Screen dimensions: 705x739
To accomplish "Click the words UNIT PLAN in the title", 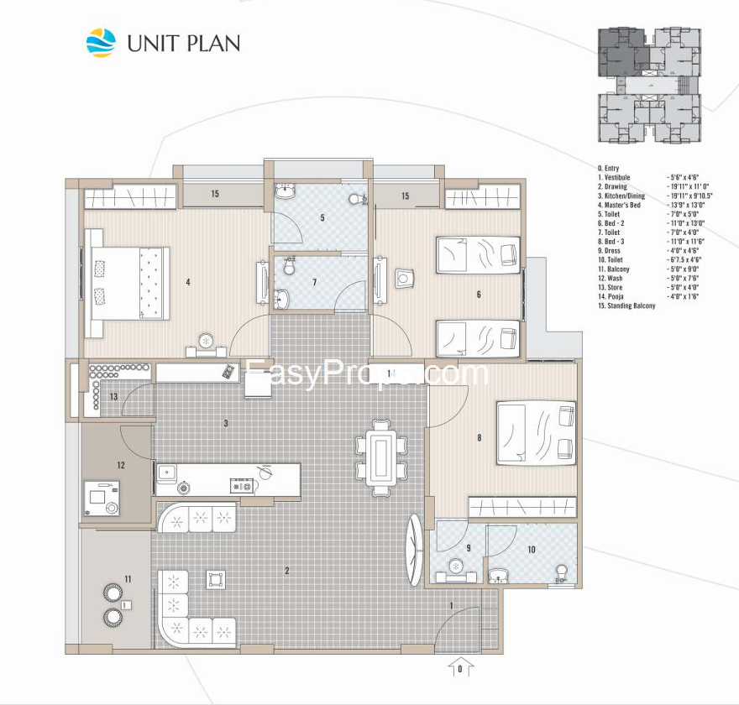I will (x=183, y=43).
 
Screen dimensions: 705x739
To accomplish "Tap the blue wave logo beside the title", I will (x=102, y=42).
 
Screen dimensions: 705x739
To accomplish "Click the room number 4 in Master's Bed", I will (x=188, y=282).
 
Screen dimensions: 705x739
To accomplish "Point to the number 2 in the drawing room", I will (x=286, y=571).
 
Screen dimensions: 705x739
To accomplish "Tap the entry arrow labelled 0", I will (x=459, y=668).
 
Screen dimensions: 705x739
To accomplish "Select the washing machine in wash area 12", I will (x=100, y=498).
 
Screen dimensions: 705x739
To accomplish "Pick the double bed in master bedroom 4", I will (x=130, y=283).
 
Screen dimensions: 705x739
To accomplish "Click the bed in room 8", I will (x=536, y=433).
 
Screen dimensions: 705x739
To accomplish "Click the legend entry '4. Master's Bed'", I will (x=618, y=205).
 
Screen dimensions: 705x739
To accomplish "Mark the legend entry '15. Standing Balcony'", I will (x=626, y=305).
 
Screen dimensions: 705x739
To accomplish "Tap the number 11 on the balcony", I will (x=128, y=579).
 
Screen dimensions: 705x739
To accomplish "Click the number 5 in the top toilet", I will (x=322, y=218).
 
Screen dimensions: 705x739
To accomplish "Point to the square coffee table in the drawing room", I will (x=217, y=579).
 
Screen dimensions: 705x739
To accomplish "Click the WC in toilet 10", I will (x=561, y=572).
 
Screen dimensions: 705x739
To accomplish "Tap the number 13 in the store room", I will (x=113, y=396).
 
